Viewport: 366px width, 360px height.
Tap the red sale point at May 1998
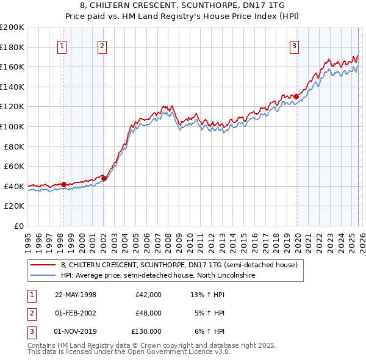click(63, 184)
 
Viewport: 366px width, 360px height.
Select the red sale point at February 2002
click(104, 178)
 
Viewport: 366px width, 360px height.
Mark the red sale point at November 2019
click(296, 96)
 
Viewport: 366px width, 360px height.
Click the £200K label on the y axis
click(12, 27)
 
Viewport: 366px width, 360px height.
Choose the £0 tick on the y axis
click(18, 226)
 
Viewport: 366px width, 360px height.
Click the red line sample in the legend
click(43, 265)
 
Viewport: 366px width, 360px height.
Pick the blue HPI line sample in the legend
click(43, 276)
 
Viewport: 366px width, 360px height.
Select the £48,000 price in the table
click(148, 313)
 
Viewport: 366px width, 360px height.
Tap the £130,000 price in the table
click(146, 331)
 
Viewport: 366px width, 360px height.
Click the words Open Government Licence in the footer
click(173, 352)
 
